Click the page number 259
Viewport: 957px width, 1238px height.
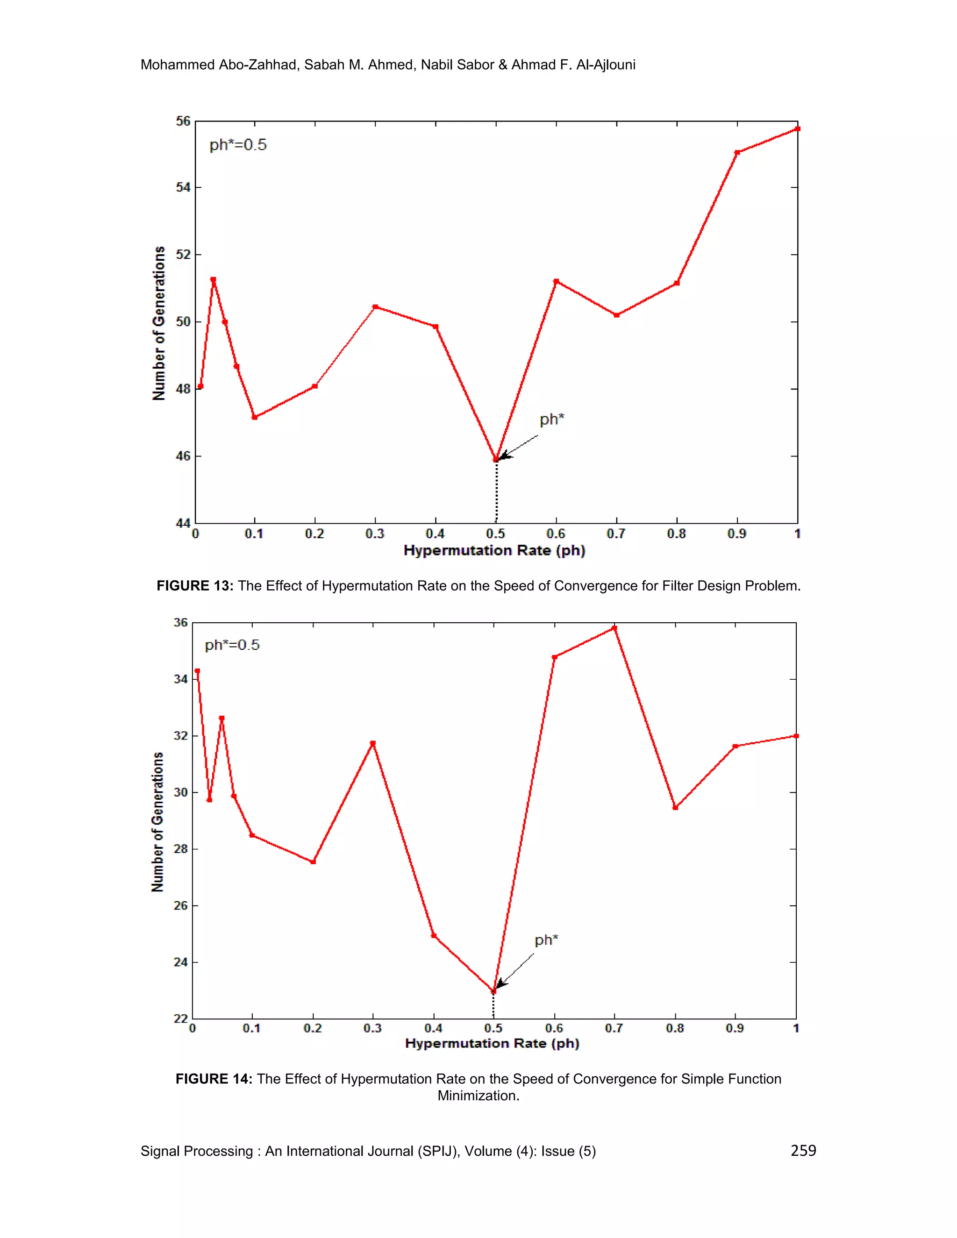click(803, 1150)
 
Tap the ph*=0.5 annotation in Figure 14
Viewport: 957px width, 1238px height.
click(232, 645)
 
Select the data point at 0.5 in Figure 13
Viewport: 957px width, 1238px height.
click(496, 460)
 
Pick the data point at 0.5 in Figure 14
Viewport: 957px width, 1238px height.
click(493, 991)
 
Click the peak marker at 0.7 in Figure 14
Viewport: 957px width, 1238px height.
click(614, 628)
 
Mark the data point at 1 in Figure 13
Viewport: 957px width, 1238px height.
click(797, 128)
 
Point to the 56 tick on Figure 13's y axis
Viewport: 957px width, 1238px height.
click(183, 121)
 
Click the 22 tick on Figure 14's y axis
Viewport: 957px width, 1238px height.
click(180, 1018)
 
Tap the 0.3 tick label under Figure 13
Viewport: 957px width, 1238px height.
click(375, 534)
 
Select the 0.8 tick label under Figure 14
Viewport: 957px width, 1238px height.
click(675, 1028)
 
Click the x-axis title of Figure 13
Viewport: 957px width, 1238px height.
click(494, 550)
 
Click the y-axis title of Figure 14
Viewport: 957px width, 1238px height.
click(157, 821)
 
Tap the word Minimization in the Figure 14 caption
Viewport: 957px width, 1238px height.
click(478, 1096)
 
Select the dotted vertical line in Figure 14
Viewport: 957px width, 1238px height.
click(493, 1007)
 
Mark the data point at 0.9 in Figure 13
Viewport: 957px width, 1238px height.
click(737, 152)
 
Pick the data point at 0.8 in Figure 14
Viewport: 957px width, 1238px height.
click(675, 807)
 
